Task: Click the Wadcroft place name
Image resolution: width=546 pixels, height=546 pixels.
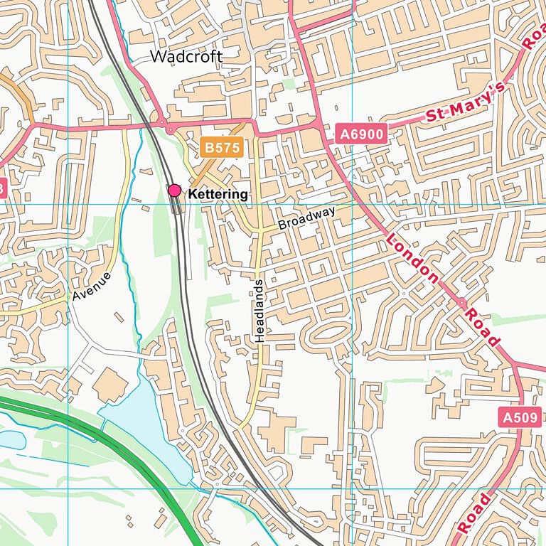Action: [186, 57]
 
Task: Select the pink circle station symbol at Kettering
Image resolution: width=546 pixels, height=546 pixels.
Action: [174, 190]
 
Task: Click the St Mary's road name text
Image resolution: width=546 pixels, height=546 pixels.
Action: [465, 105]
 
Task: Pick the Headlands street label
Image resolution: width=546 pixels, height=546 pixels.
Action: [259, 311]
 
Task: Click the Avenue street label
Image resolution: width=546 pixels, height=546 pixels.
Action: [92, 287]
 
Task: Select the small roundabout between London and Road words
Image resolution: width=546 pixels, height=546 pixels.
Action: [461, 302]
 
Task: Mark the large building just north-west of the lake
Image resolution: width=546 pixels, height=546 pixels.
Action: [110, 385]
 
